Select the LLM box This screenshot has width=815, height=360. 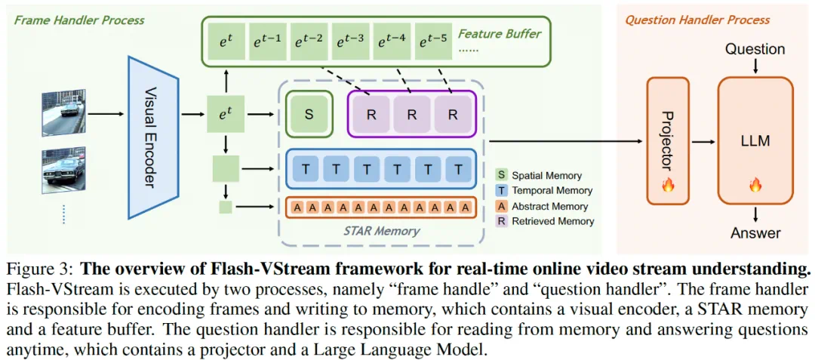click(x=755, y=140)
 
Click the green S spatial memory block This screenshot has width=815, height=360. click(x=309, y=115)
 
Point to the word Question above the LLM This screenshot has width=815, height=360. click(x=755, y=49)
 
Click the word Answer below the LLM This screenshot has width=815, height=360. click(x=755, y=232)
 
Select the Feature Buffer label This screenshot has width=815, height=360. click(x=500, y=33)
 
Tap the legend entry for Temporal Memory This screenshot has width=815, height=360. click(x=551, y=190)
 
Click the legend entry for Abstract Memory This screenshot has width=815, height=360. click(x=551, y=206)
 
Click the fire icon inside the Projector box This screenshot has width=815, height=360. click(x=667, y=185)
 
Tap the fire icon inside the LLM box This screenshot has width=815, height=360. click(x=755, y=185)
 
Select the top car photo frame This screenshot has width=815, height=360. click(x=65, y=114)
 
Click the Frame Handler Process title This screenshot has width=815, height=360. click(x=79, y=20)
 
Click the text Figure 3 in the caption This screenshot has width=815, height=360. click(x=38, y=269)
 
